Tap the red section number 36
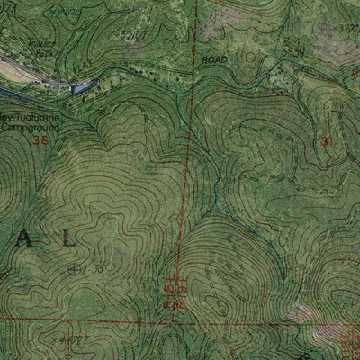(x=39, y=139)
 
